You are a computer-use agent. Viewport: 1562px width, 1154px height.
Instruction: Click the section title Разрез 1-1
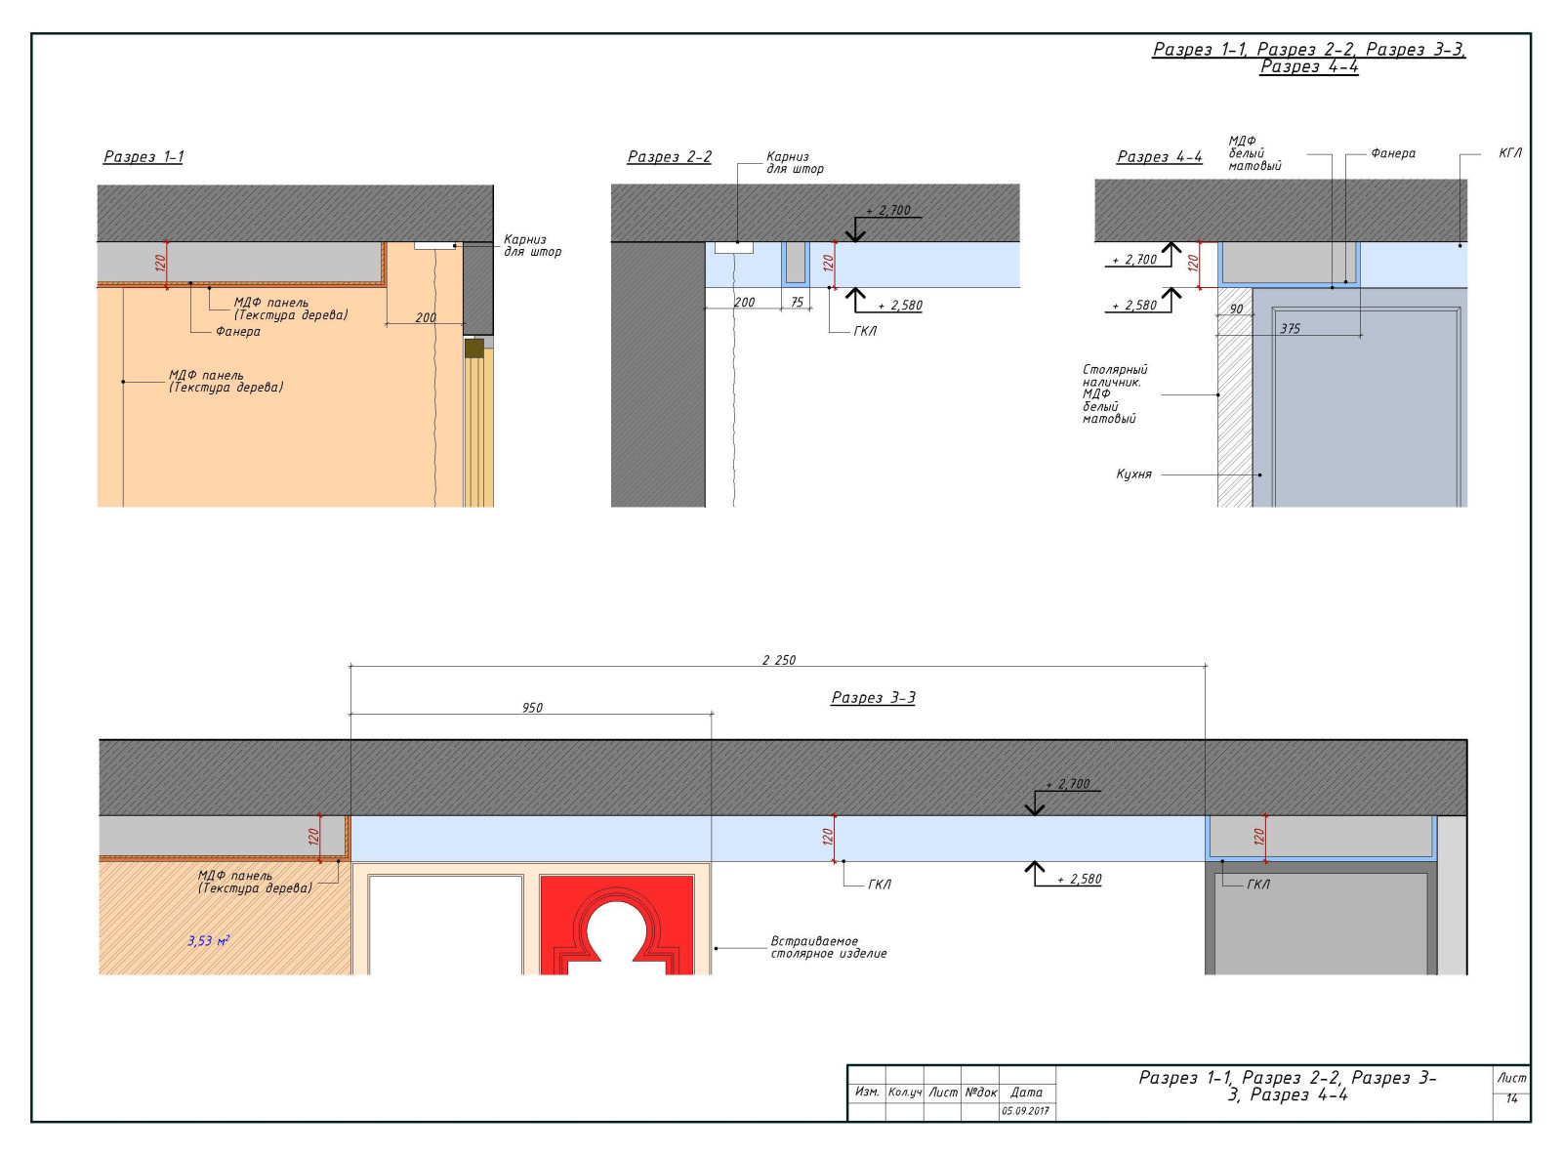click(x=144, y=156)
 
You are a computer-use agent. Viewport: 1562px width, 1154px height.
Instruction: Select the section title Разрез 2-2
click(x=669, y=156)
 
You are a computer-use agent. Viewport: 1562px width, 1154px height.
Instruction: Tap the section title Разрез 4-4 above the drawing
click(x=1159, y=156)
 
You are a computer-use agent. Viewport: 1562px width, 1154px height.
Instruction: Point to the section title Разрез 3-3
click(x=873, y=697)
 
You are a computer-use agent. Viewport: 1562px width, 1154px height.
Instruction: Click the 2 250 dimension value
click(x=778, y=660)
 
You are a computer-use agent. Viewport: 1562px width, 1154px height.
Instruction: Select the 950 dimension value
click(x=532, y=708)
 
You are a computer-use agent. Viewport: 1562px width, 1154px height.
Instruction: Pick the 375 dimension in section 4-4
click(x=1290, y=329)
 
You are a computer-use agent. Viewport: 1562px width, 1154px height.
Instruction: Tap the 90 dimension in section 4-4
click(x=1236, y=309)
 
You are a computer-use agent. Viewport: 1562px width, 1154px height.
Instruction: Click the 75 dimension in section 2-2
click(x=797, y=303)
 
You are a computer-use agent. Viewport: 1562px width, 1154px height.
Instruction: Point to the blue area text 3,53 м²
click(x=209, y=940)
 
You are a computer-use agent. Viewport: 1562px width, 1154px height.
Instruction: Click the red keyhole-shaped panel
click(x=617, y=925)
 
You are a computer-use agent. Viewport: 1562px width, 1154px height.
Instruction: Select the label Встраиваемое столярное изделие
click(x=828, y=948)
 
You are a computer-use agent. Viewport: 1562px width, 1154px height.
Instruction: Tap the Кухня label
click(x=1133, y=474)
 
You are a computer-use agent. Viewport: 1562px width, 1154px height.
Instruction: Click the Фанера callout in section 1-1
click(x=238, y=332)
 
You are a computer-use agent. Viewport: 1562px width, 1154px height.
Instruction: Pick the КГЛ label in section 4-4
click(x=1510, y=153)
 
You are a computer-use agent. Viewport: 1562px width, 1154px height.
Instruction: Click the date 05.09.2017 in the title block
click(x=1025, y=1111)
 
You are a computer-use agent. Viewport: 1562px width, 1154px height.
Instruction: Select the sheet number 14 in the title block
click(x=1511, y=1098)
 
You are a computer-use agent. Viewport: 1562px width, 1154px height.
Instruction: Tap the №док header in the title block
click(x=980, y=1092)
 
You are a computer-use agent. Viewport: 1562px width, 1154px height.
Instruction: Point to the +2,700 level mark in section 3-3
click(x=1068, y=784)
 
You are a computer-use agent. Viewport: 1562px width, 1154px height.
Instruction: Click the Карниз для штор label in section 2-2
click(x=795, y=163)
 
